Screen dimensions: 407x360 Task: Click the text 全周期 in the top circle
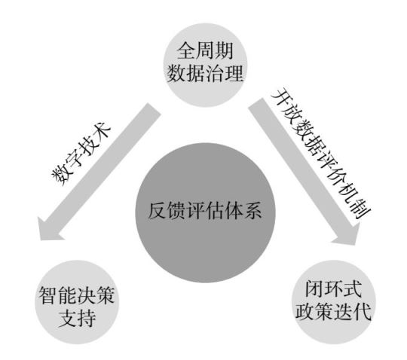click(205, 50)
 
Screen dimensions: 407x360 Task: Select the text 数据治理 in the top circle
click(205, 73)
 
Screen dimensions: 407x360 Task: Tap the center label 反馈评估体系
click(205, 210)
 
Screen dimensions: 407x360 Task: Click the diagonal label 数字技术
click(81, 154)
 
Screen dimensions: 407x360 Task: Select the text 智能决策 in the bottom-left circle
click(77, 296)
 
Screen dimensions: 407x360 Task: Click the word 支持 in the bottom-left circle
click(77, 319)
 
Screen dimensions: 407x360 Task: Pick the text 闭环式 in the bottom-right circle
click(334, 288)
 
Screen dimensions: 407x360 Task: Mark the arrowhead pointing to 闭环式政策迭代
click(347, 233)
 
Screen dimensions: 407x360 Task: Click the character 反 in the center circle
click(158, 211)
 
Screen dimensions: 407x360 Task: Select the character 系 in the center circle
click(252, 211)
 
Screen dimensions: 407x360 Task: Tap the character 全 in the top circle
click(186, 50)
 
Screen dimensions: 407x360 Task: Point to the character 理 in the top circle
click(234, 73)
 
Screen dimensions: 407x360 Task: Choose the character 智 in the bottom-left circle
click(47, 296)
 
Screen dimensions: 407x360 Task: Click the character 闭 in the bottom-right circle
click(314, 288)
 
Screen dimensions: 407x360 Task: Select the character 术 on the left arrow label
click(103, 132)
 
